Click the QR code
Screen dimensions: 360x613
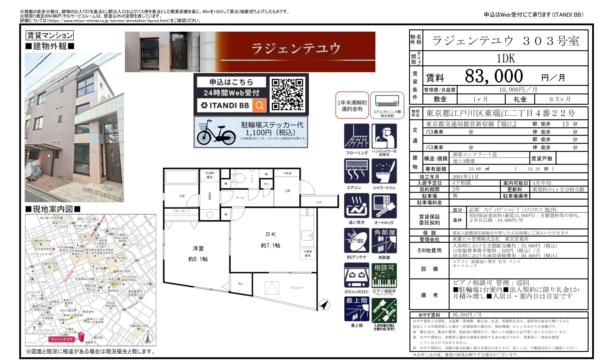tap(287, 94)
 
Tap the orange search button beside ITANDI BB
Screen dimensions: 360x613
tap(259, 105)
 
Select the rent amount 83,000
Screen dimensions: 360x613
tap(494, 76)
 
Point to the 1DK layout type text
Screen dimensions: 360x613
tap(506, 58)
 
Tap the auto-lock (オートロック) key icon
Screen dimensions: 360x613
tap(384, 206)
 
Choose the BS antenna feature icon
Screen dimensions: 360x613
tap(357, 241)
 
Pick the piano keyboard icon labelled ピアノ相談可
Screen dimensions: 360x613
tap(384, 276)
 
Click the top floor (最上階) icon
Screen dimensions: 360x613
tap(357, 309)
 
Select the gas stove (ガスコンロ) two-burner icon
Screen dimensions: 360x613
tap(357, 276)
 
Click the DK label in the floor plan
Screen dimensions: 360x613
tap(271, 234)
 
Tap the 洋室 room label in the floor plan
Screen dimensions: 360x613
tap(198, 248)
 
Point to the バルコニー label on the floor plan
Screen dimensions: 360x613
tap(297, 288)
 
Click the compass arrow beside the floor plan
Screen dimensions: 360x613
tap(324, 305)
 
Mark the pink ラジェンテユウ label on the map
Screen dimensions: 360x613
tap(62, 339)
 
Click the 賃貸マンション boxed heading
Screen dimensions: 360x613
tap(49, 35)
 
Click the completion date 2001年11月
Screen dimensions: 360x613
tap(465, 177)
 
